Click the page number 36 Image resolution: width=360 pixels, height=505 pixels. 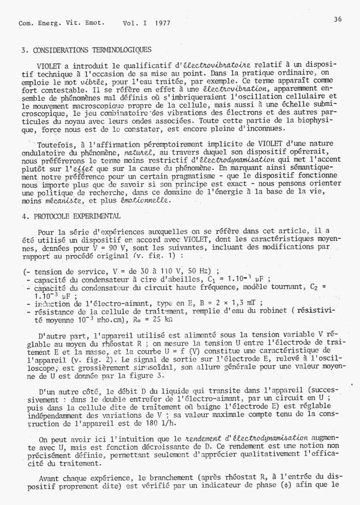tap(338, 19)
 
